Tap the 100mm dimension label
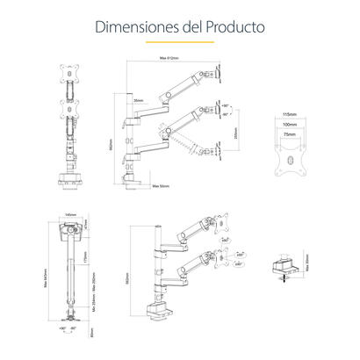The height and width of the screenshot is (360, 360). [292, 126]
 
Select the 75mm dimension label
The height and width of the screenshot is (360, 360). [292, 136]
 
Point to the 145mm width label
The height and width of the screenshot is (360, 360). [70, 214]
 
